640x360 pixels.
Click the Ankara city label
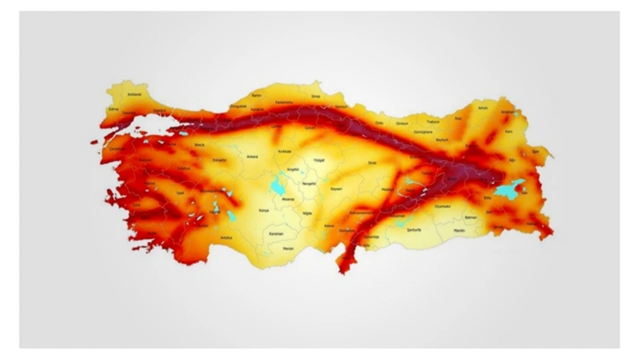click(252, 156)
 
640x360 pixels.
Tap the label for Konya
click(263, 210)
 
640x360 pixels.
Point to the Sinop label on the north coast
click(315, 96)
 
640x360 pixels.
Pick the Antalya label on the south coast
click(226, 237)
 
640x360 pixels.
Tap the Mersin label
click(288, 248)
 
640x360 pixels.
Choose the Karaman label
click(276, 233)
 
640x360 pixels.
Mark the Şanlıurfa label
click(415, 230)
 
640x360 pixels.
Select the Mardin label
click(459, 230)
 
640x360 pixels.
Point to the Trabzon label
click(433, 121)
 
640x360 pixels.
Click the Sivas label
click(372, 162)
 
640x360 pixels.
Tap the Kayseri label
click(336, 189)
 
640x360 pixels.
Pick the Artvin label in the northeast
click(482, 107)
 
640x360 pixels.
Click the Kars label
click(509, 131)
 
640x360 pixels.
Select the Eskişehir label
click(219, 160)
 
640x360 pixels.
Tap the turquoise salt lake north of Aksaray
click(276, 186)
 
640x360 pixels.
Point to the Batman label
click(470, 217)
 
